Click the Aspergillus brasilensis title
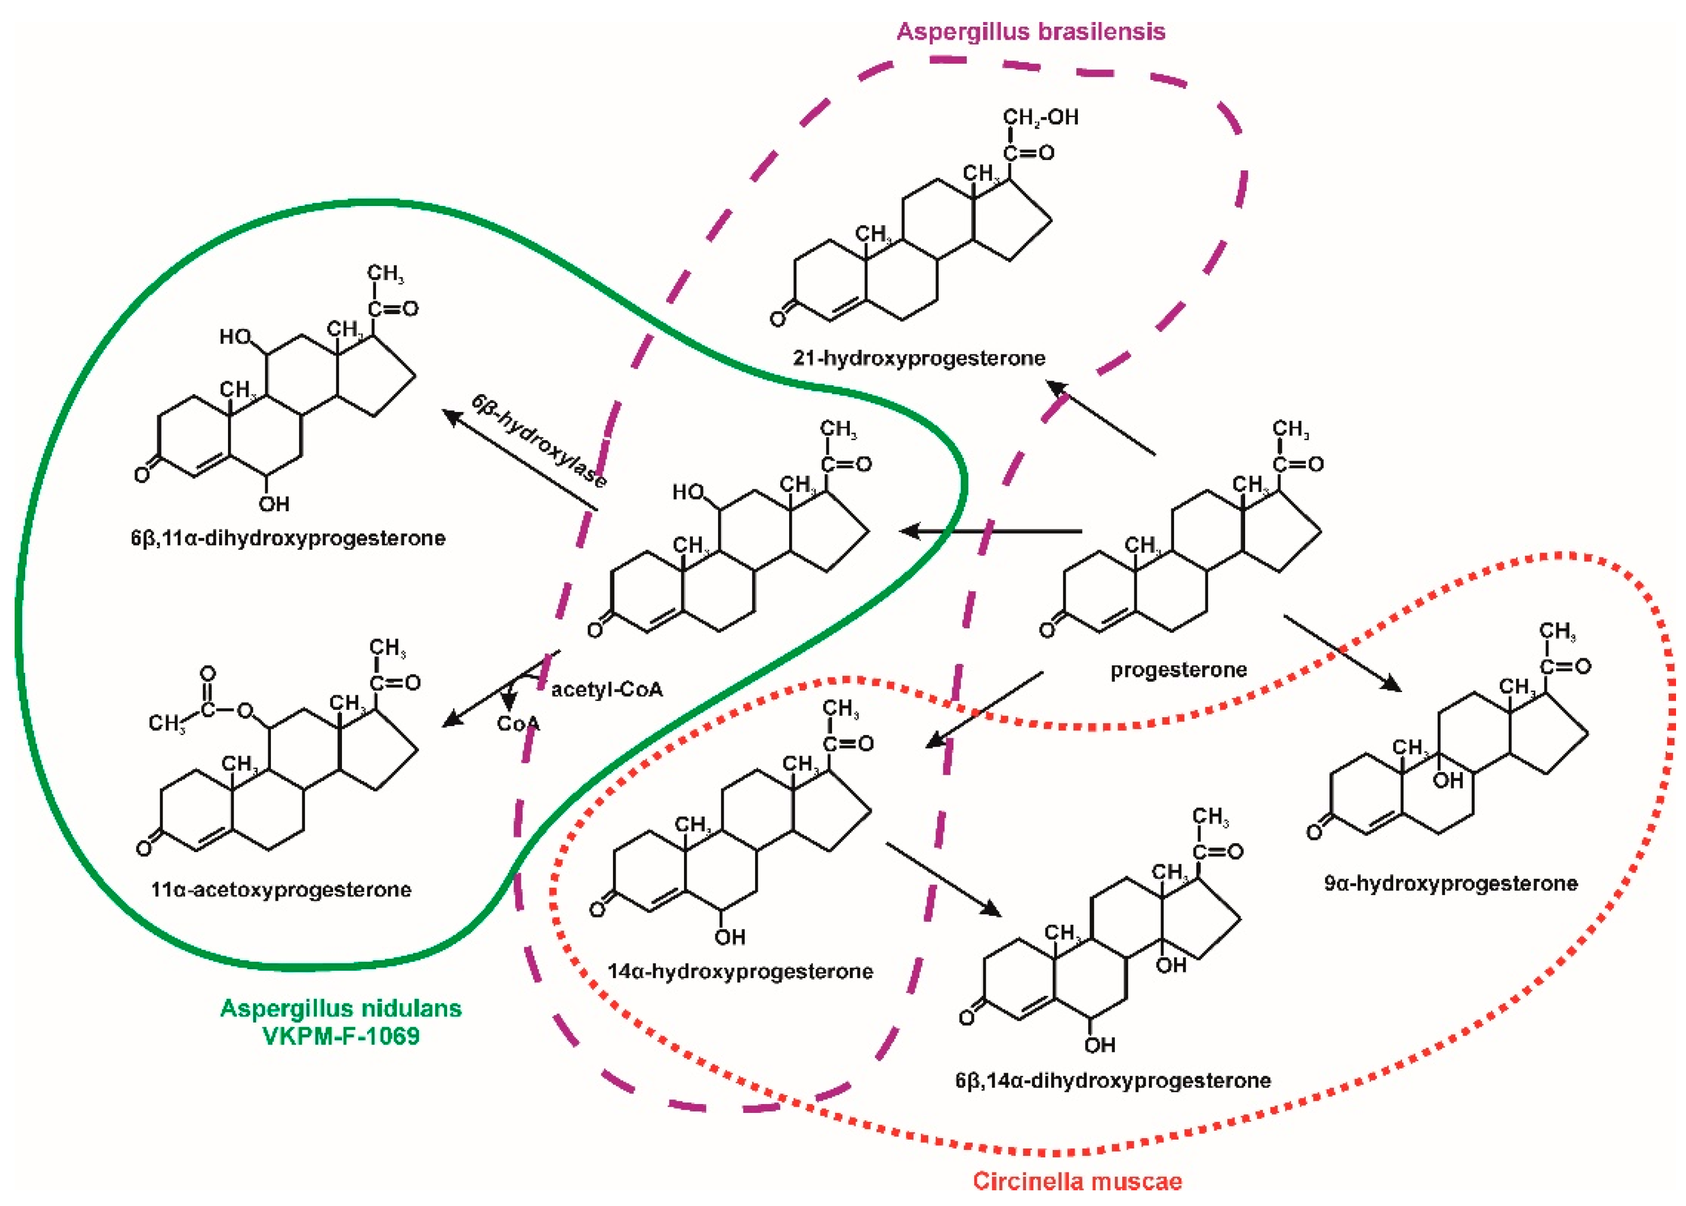pyautogui.click(x=1030, y=32)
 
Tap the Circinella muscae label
pyautogui.click(x=1077, y=1181)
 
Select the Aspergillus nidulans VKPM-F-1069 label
pyautogui.click(x=341, y=1022)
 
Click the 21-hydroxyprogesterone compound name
pyautogui.click(x=919, y=358)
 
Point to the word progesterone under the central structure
pyautogui.click(x=1178, y=670)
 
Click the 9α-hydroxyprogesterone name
pyautogui.click(x=1451, y=883)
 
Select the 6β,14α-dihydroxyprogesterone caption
pyautogui.click(x=1113, y=1081)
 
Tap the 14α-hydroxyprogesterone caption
pyautogui.click(x=740, y=971)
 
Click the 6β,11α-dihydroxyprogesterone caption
pyautogui.click(x=288, y=537)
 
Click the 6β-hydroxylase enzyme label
pyautogui.click(x=539, y=440)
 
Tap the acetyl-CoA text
pyautogui.click(x=606, y=690)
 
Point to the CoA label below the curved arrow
pyautogui.click(x=518, y=723)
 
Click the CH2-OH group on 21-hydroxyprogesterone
pyautogui.click(x=1040, y=117)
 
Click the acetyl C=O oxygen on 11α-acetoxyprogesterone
pyautogui.click(x=208, y=673)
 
